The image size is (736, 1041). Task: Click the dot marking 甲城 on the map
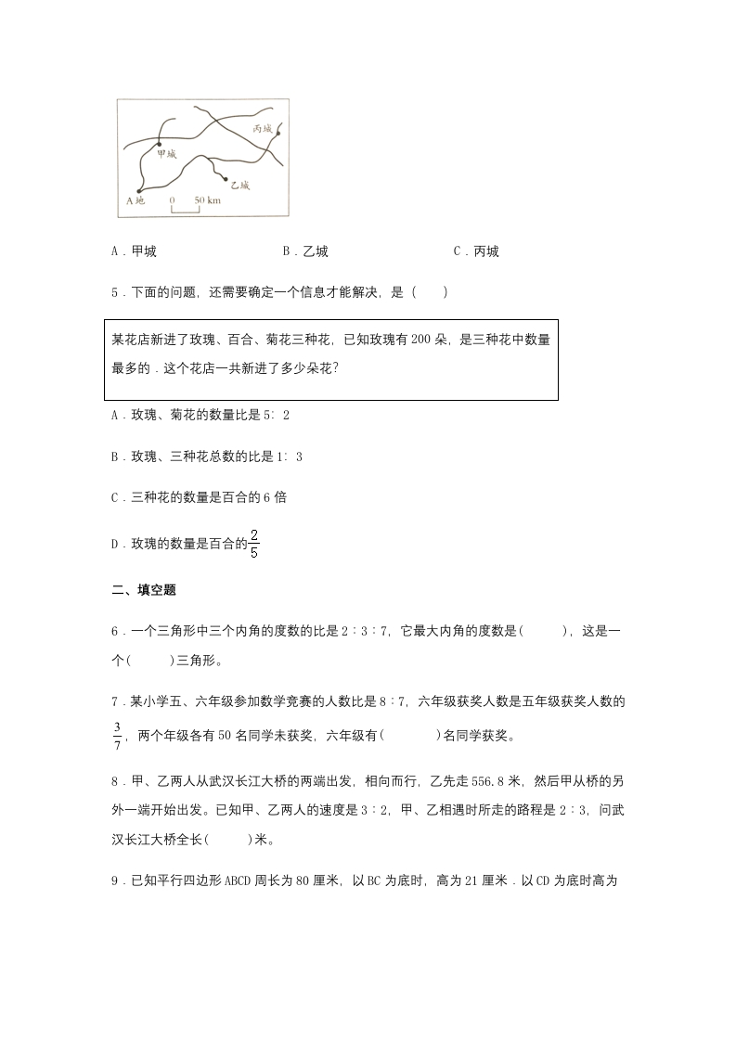(159, 144)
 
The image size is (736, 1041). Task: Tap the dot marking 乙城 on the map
(225, 178)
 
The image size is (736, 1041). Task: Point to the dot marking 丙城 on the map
(278, 133)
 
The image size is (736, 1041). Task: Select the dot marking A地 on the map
(141, 189)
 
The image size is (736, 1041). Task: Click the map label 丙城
(263, 129)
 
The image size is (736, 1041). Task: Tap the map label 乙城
(240, 186)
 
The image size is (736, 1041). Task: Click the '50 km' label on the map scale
(207, 199)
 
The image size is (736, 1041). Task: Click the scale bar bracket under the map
(187, 209)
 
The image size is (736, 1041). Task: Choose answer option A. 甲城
(134, 251)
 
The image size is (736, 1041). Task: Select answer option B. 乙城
(305, 251)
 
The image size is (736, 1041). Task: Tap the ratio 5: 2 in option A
(278, 415)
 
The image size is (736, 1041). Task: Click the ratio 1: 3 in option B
(291, 456)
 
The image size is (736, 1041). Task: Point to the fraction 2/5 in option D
(253, 543)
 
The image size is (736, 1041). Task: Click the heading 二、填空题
(143, 590)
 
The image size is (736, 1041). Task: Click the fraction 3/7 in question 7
(118, 729)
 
